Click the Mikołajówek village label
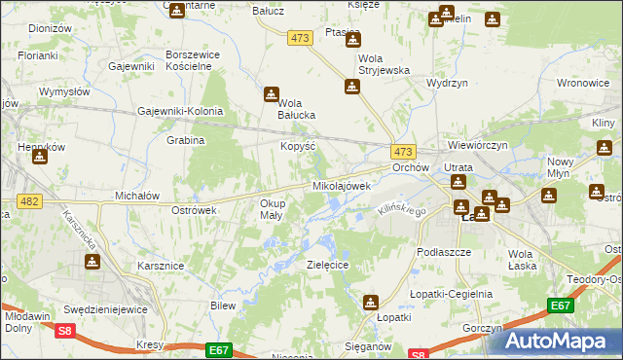point(342,185)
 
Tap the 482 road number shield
point(27,201)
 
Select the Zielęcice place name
point(328,264)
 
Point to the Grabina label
point(185,140)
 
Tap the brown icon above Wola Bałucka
point(271,94)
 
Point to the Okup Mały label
point(272,209)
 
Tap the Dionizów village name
point(51,29)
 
